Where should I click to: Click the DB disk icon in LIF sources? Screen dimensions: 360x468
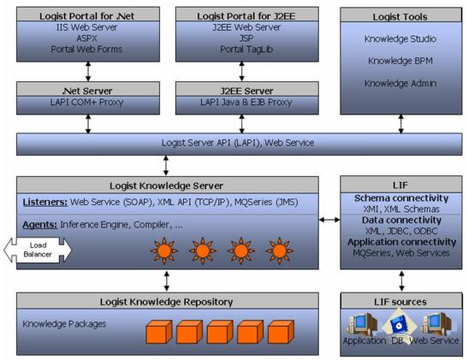[x=402, y=325]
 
